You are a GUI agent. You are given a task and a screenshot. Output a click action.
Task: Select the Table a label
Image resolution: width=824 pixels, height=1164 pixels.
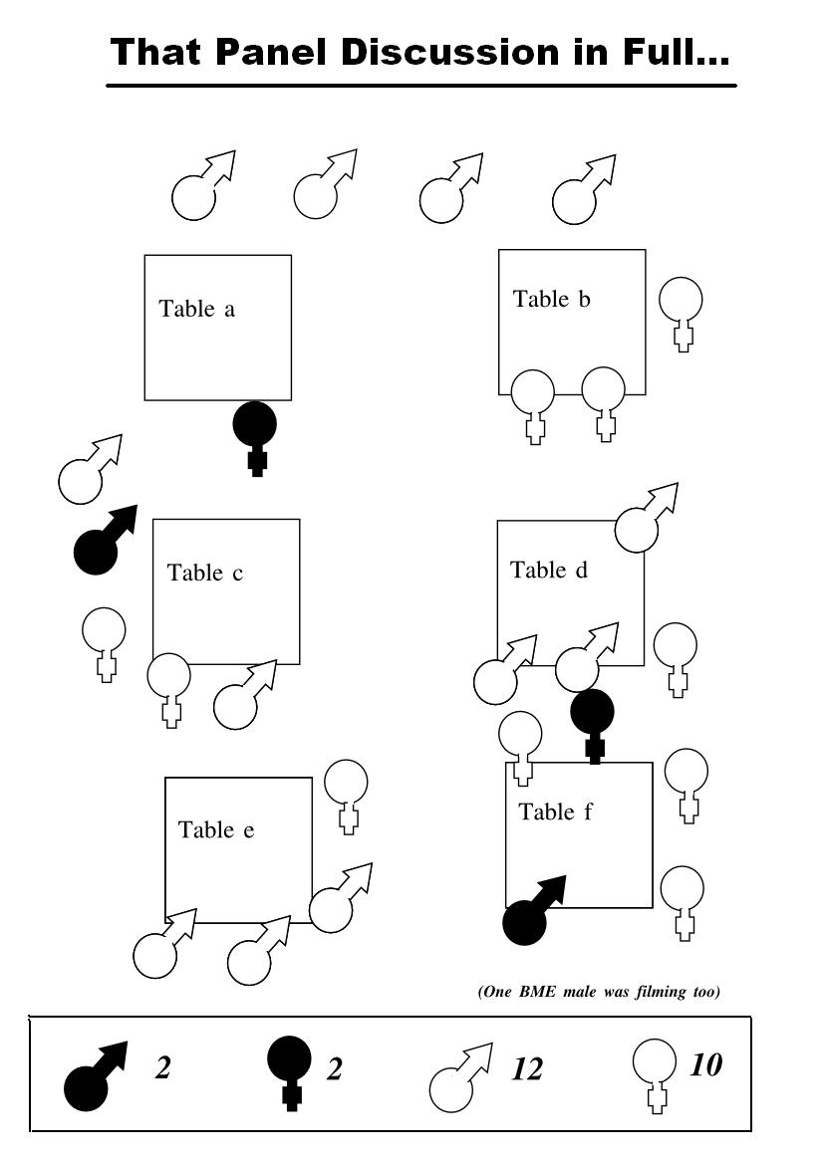(x=197, y=309)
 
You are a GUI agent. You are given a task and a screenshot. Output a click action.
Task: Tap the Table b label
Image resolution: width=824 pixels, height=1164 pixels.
(x=552, y=299)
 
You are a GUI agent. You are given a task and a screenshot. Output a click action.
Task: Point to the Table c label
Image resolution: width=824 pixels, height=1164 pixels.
(x=205, y=573)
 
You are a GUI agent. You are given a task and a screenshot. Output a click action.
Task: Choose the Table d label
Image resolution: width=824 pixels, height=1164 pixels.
(x=549, y=570)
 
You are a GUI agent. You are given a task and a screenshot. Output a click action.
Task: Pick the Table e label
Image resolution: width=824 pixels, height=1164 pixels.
(x=216, y=829)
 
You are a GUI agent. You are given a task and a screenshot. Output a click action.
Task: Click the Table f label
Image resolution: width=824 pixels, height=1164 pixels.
(x=555, y=812)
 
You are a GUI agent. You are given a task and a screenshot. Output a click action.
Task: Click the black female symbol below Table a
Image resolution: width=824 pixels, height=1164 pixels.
(x=255, y=433)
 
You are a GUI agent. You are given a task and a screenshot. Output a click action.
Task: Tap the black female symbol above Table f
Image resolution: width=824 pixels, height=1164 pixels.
(x=593, y=722)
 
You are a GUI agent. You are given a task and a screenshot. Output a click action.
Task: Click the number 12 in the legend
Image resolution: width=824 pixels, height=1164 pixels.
(x=526, y=1069)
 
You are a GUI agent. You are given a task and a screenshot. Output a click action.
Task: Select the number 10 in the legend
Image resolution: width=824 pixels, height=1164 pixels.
(x=705, y=1064)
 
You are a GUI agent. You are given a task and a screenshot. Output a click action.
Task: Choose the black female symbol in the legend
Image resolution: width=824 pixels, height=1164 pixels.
(x=289, y=1069)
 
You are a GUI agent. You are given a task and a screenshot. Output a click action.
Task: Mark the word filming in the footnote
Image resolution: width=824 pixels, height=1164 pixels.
(x=643, y=992)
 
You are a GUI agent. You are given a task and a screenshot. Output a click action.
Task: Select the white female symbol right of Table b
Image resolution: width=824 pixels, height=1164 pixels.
(x=682, y=309)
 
